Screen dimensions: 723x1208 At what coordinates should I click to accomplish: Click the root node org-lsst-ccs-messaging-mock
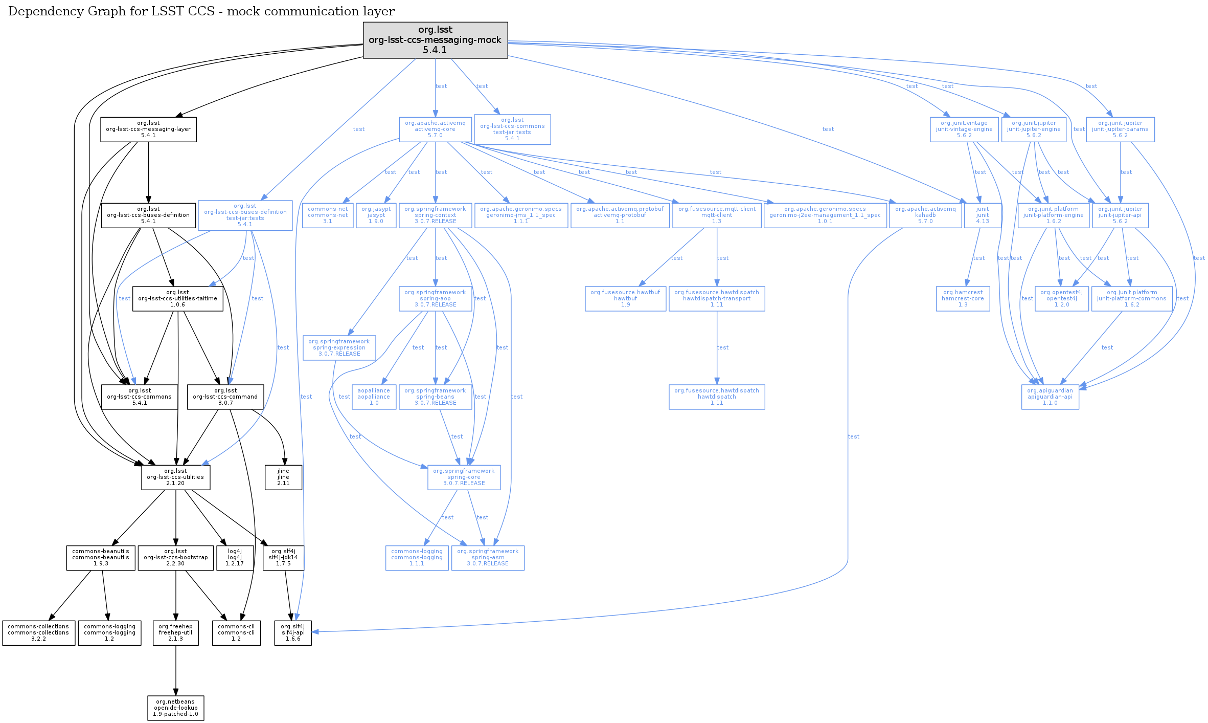435,40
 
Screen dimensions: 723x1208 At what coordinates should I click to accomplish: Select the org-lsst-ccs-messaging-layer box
148,129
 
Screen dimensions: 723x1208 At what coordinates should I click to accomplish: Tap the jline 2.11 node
283,477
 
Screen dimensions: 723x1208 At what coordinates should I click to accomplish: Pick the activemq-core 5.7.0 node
435,129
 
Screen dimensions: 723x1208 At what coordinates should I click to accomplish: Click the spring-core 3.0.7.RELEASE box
464,477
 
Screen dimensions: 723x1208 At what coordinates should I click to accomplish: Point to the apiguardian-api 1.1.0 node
1050,397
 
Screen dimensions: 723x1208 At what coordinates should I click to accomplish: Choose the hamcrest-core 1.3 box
963,299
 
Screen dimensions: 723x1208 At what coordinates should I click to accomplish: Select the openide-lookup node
175,708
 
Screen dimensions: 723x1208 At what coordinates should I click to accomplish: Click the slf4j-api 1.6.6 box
293,633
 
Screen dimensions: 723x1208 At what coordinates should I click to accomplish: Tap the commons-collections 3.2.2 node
38,633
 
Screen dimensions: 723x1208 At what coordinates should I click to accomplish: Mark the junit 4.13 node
982,215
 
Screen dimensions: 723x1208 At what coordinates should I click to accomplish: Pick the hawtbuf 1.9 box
625,299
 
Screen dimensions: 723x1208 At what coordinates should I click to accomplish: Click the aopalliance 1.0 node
374,397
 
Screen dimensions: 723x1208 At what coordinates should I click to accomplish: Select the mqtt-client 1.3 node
717,215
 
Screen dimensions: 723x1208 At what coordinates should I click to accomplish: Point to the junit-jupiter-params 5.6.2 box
1120,129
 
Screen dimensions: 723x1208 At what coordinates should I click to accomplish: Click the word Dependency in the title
40,11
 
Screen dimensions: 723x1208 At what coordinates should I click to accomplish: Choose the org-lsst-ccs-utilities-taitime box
177,299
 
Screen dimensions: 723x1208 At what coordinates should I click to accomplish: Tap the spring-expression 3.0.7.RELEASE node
339,348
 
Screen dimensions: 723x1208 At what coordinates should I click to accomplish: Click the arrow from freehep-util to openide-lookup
176,670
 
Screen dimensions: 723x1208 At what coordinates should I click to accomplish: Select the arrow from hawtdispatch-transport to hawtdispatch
717,348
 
